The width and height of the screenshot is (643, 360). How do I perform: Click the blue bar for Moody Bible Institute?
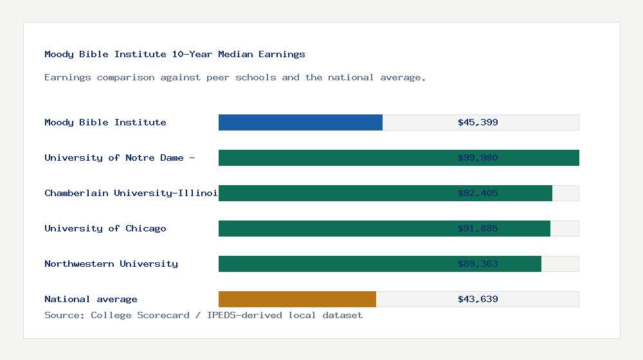[300, 122]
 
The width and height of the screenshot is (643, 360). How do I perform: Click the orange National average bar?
[297, 299]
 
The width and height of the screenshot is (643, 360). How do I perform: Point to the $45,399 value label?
[478, 122]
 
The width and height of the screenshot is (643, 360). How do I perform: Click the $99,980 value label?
[478, 157]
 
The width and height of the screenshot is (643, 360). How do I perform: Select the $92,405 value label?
[478, 193]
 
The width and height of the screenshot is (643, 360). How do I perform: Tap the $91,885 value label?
[478, 228]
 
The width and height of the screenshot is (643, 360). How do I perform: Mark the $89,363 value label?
[478, 264]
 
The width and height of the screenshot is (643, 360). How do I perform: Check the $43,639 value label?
[478, 299]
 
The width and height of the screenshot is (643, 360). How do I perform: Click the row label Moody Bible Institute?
[105, 122]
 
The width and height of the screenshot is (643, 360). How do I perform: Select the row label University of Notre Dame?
[120, 157]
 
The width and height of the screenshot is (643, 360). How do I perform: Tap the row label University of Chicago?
[105, 228]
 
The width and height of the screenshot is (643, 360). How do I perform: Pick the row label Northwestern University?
[111, 264]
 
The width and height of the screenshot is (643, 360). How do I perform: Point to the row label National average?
[91, 299]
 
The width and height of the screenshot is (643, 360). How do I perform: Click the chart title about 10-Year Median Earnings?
[175, 54]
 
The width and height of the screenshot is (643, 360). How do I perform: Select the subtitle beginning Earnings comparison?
[235, 77]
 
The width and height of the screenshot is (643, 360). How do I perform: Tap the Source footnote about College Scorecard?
[203, 315]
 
